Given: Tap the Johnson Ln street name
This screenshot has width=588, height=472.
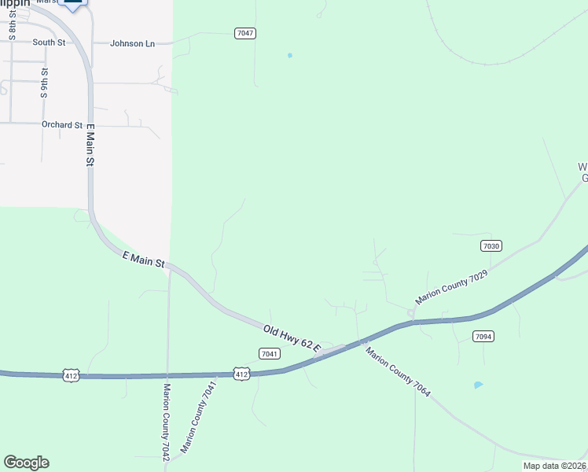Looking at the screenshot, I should pyautogui.click(x=132, y=43).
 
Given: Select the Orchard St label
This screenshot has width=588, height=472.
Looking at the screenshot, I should pyautogui.click(x=62, y=125).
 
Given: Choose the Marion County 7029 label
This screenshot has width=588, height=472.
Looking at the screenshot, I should pyautogui.click(x=452, y=286).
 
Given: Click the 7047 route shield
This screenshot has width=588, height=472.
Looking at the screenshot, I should pyautogui.click(x=245, y=33).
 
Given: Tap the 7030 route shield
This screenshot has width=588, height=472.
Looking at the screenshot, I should pyautogui.click(x=491, y=246).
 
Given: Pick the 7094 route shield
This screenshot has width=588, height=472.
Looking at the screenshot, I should pyautogui.click(x=483, y=336).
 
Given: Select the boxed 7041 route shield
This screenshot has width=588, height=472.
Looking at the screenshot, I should pyautogui.click(x=270, y=354).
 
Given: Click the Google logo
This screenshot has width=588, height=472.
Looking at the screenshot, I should pyautogui.click(x=26, y=463).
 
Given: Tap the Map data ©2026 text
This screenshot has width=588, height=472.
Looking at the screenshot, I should pyautogui.click(x=554, y=466).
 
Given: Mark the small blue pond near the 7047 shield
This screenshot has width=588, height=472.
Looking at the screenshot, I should pyautogui.click(x=290, y=55).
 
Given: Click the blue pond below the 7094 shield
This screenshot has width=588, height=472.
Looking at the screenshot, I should pyautogui.click(x=478, y=385).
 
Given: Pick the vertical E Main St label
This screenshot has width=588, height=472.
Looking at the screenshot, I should pyautogui.click(x=90, y=145).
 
